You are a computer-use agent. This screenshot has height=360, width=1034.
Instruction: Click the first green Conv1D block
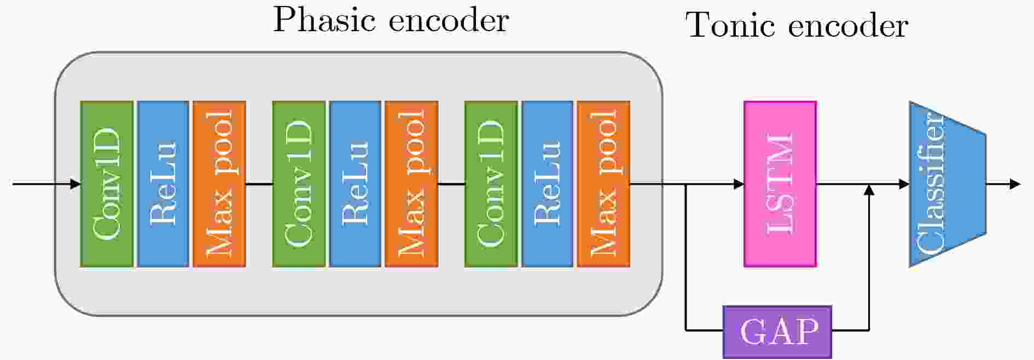click(x=107, y=184)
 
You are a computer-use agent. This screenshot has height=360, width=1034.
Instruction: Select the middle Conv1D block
click(x=299, y=184)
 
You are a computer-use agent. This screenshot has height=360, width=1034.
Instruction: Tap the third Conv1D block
click(x=491, y=184)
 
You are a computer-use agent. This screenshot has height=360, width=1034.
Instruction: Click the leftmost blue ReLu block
click(x=163, y=184)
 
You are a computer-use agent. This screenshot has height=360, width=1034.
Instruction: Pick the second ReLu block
click(x=355, y=184)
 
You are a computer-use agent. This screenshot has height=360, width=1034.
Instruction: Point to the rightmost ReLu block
click(x=547, y=184)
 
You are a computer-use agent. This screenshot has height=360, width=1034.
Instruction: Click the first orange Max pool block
click(x=219, y=184)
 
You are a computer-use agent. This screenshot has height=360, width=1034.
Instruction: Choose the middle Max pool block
click(x=411, y=184)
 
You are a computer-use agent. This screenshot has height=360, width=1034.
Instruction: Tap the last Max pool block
click(x=603, y=184)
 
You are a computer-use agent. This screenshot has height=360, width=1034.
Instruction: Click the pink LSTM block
click(x=780, y=184)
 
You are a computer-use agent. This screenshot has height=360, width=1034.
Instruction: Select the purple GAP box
click(x=777, y=332)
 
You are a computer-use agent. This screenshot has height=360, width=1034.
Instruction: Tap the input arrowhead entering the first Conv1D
click(x=75, y=184)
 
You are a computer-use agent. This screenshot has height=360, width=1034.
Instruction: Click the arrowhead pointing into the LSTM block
click(x=739, y=184)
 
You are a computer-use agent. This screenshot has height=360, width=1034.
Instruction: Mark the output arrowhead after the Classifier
click(x=1015, y=184)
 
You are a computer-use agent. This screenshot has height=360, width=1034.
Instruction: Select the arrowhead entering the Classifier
click(x=904, y=184)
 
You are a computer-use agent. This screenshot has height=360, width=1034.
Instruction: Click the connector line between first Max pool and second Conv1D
click(x=259, y=184)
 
